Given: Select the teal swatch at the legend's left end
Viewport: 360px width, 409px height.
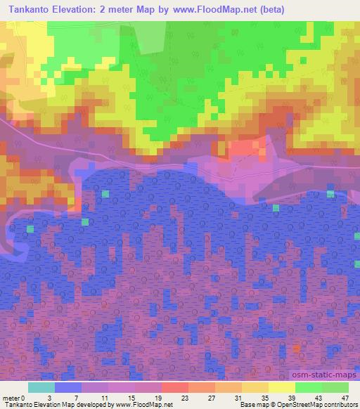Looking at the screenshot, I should pos(41,387).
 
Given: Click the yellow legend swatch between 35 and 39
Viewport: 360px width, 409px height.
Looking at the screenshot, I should pos(282,387).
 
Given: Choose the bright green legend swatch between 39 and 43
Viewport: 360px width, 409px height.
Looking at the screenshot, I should pos(309,387).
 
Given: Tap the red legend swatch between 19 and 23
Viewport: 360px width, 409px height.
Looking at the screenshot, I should pos(175,387).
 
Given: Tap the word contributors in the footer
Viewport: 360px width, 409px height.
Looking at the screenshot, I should pos(339,405).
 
